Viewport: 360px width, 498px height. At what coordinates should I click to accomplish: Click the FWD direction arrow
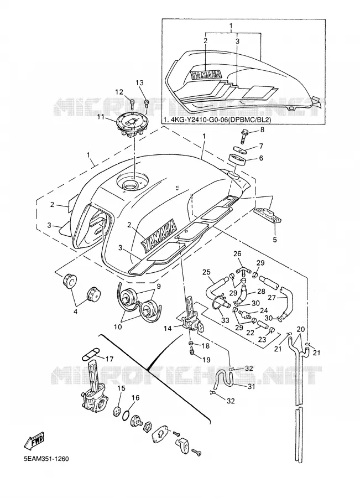[34, 440]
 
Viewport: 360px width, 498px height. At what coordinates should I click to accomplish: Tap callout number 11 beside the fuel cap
[101, 117]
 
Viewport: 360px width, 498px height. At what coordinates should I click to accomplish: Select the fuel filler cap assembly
[132, 126]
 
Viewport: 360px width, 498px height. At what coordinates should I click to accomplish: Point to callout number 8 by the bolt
[262, 129]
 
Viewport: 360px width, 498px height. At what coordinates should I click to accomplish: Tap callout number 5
[275, 240]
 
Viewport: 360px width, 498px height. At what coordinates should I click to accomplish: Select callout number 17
[109, 359]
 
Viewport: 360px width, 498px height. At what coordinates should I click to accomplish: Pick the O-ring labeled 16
[126, 414]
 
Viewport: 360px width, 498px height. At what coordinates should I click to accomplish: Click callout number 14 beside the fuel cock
[168, 328]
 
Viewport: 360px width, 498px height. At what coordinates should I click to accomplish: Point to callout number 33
[225, 321]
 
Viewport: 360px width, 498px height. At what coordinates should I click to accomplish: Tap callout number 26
[237, 253]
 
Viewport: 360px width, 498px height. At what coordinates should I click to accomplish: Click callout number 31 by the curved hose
[251, 386]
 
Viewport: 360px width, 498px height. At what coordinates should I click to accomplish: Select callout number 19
[206, 360]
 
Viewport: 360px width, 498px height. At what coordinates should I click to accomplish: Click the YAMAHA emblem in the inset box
[206, 75]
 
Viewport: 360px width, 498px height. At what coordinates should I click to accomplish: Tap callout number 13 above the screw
[140, 83]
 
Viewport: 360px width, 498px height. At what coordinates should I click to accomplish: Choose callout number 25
[206, 272]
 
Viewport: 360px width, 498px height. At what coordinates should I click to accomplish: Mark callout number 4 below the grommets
[76, 312]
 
